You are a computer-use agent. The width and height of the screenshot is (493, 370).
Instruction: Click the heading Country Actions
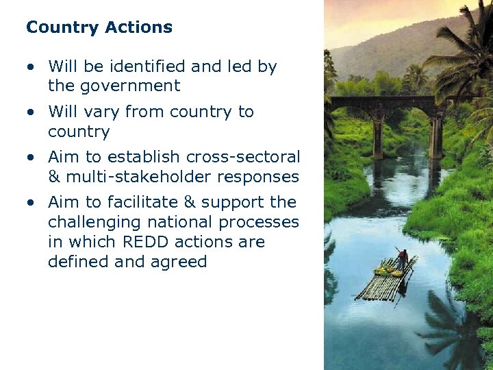click(99, 27)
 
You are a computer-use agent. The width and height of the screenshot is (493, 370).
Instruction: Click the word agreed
click(180, 262)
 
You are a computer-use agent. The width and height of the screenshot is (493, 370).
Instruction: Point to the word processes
click(264, 222)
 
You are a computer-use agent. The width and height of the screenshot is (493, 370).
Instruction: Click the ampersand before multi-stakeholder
click(54, 177)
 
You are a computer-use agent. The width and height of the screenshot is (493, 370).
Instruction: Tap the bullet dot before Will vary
click(31, 112)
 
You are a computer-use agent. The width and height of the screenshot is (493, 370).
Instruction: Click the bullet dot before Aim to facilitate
click(31, 203)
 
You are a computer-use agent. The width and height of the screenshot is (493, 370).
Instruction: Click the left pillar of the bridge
click(377, 137)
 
